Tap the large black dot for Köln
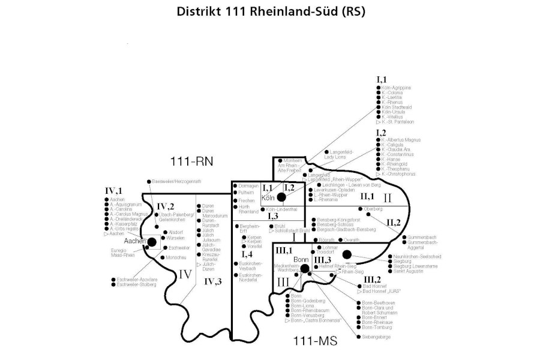(x=281, y=197)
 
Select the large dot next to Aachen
(x=152, y=242)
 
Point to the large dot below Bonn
(x=304, y=268)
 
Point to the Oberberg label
(x=373, y=209)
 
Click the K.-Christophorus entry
(x=398, y=174)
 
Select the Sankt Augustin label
(x=409, y=271)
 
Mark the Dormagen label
(x=248, y=185)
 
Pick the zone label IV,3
(x=212, y=281)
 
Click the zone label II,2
(x=394, y=223)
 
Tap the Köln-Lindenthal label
(x=277, y=209)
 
